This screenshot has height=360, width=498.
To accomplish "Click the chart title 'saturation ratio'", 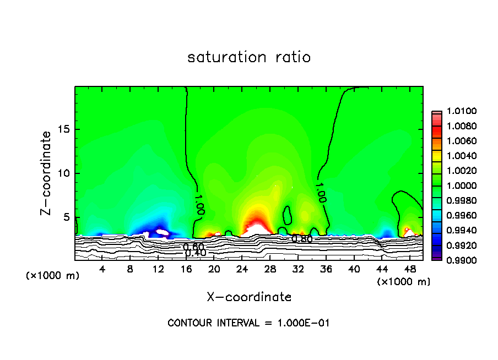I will pos(249,57).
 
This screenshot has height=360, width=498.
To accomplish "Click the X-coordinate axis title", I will pos(249,297).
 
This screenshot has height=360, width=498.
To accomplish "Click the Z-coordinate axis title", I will pos(47,173).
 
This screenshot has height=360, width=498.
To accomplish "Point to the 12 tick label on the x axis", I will pos(158,269).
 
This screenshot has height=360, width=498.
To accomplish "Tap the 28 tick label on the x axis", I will pos(270,269).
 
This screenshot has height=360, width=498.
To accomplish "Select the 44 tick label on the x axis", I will pos(382,269).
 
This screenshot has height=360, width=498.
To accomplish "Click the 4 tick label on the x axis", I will pos(102,269).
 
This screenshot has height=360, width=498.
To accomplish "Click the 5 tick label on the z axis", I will pos(66,217).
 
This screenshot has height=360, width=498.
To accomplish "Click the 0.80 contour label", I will pos(302,239).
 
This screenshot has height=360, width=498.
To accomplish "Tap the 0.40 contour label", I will pos(195,253).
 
